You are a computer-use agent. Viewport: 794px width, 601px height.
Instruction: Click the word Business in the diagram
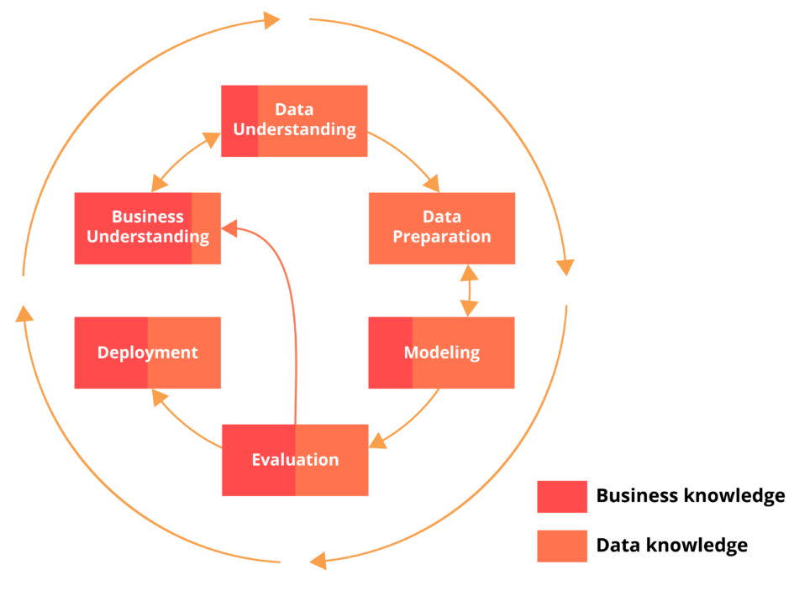[147, 217]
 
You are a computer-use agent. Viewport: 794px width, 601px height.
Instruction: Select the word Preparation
[442, 237]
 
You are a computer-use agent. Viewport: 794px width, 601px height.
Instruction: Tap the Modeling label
[442, 353]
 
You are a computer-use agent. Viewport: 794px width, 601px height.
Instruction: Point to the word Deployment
[148, 353]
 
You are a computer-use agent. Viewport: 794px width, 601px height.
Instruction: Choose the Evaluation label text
[295, 460]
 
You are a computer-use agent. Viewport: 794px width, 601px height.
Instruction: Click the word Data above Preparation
[442, 217]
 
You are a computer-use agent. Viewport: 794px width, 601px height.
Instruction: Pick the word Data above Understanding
[294, 109]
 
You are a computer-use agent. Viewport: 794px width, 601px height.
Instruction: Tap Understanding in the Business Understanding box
[148, 237]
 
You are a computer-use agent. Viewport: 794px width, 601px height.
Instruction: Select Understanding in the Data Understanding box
[294, 129]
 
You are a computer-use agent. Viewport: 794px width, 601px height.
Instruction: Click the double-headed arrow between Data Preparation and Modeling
[469, 290]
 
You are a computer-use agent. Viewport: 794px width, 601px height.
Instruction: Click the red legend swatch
[562, 497]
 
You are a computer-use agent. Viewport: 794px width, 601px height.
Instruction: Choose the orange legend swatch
[562, 546]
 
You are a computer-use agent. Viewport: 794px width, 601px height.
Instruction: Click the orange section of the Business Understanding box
[207, 252]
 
